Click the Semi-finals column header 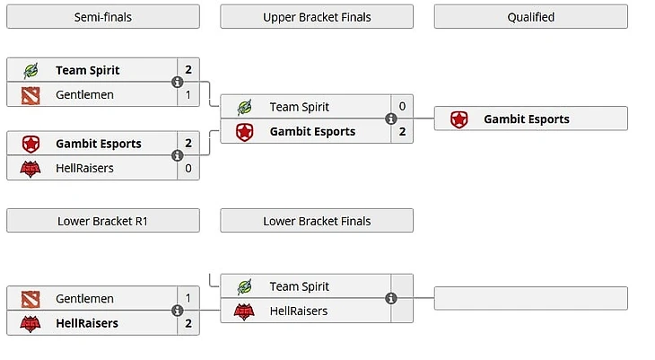pos(103,17)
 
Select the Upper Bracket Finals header pos(317,17)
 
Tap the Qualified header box pos(530,17)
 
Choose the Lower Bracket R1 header pos(103,221)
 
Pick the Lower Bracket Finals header pos(317,221)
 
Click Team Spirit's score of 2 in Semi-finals pos(188,70)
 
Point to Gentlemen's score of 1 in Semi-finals pos(188,94)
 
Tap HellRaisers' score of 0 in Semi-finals pos(188,168)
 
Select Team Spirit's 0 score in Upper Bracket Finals pos(402,107)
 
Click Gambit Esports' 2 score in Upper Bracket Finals pos(402,131)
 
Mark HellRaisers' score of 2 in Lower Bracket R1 pos(188,323)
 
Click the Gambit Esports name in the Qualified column pos(527,119)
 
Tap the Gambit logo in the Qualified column pos(458,119)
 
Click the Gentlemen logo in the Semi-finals pos(31,94)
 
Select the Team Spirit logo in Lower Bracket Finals pos(244,286)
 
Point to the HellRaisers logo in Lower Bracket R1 pos(31,323)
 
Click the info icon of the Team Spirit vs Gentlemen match pos(178,83)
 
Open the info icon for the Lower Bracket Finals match pos(391,299)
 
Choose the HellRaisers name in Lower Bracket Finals pos(299,312)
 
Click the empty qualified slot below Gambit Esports pos(530,299)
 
